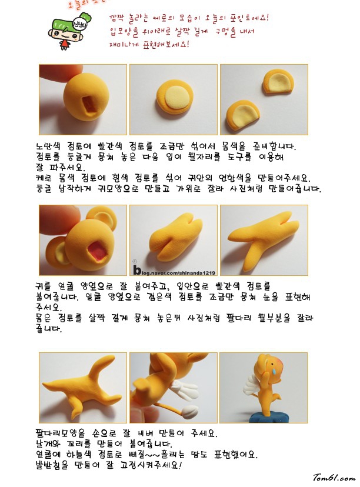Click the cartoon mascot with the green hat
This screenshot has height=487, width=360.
click(x=69, y=31)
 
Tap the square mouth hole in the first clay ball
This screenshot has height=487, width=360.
click(x=89, y=104)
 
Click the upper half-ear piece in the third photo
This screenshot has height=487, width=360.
click(x=279, y=81)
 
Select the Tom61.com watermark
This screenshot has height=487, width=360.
click(x=334, y=477)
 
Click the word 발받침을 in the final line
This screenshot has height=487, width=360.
click(x=52, y=465)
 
